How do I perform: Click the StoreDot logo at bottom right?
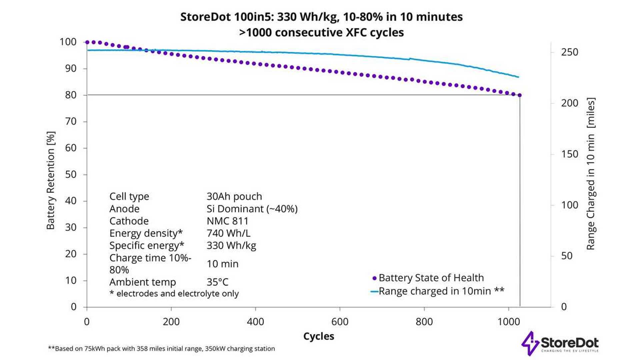click(x=560, y=343)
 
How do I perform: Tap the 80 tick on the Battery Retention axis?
click(x=71, y=95)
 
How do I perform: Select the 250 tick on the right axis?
click(x=569, y=52)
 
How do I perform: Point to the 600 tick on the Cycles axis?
click(x=340, y=322)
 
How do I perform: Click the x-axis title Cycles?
click(x=318, y=336)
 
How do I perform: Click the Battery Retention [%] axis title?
click(x=51, y=180)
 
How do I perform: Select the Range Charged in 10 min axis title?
click(x=591, y=174)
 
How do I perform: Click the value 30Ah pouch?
click(x=234, y=196)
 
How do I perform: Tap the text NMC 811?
click(x=227, y=221)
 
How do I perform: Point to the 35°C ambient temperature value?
click(x=217, y=282)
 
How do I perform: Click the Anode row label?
click(x=124, y=209)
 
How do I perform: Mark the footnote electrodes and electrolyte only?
click(x=174, y=294)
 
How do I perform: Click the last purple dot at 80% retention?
click(x=519, y=95)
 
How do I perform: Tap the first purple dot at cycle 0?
click(x=87, y=42)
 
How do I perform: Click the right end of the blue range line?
click(x=518, y=77)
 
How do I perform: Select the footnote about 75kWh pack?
click(x=162, y=349)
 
